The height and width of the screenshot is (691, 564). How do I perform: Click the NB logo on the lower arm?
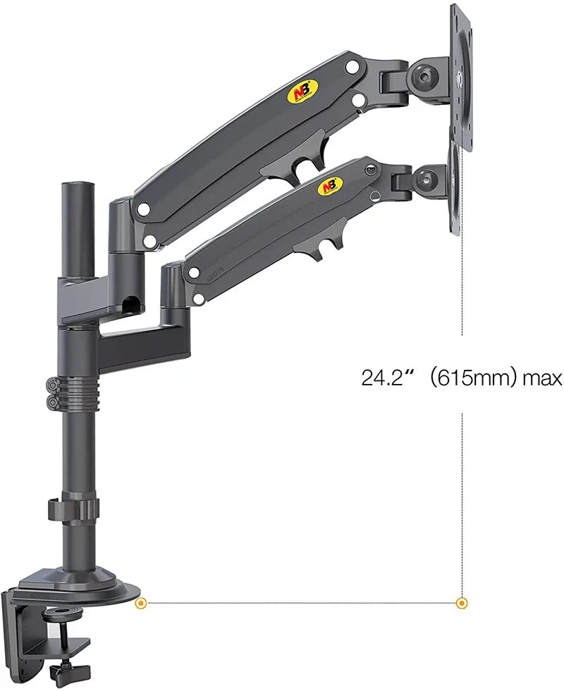pyautogui.click(x=330, y=186)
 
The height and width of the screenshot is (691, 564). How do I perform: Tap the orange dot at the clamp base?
pyautogui.click(x=141, y=603)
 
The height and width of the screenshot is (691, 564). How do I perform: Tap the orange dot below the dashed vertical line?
pyautogui.click(x=462, y=603)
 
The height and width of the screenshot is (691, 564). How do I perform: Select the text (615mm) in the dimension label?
pyautogui.click(x=470, y=378)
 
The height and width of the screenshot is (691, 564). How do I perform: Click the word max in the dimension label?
pyautogui.click(x=542, y=378)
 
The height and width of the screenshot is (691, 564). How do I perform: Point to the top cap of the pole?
pyautogui.click(x=77, y=186)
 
